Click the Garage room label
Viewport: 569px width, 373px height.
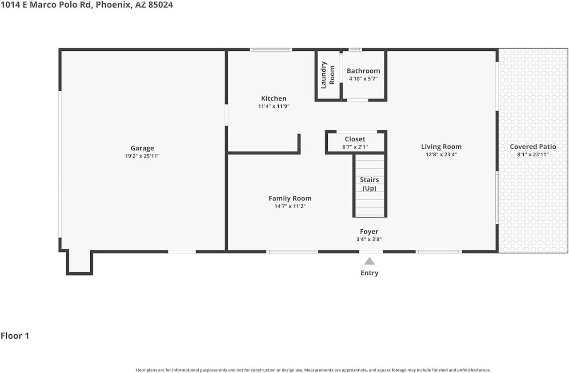point(142,148)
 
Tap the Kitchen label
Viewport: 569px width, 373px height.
point(273,98)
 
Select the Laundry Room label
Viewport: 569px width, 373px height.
point(328,74)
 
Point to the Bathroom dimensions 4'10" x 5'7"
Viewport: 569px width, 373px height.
point(363,79)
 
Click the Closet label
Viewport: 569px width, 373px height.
point(355,139)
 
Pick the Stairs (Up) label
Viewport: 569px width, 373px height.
point(369,184)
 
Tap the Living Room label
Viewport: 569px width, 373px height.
point(441,146)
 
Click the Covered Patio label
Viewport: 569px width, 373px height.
point(533,146)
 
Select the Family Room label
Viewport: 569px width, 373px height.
point(290,199)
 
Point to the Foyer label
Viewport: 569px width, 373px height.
point(369,231)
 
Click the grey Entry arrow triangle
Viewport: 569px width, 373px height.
point(369,261)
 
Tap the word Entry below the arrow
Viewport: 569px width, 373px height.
point(369,273)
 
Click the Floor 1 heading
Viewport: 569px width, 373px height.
point(15,336)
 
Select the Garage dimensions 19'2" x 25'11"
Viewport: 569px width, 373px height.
point(142,156)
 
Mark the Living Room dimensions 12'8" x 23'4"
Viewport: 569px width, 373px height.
point(441,154)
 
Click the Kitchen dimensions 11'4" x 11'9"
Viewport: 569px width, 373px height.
point(273,106)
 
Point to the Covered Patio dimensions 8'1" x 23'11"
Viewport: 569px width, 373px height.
point(533,154)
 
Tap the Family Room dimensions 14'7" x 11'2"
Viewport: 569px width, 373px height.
point(290,206)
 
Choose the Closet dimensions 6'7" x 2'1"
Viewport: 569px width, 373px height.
point(355,147)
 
